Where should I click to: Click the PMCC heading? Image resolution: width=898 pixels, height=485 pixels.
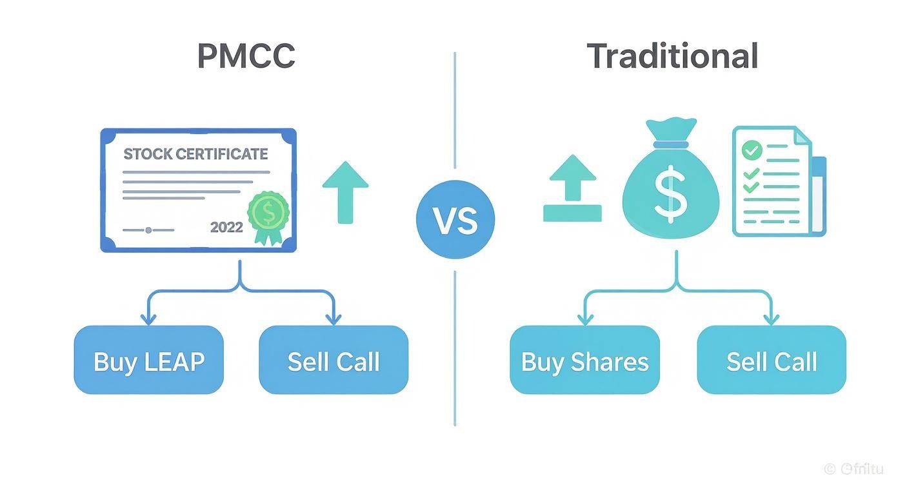tap(246, 56)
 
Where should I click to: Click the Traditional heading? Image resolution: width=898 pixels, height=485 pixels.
tap(672, 56)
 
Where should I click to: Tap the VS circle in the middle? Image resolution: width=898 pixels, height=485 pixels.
tap(455, 220)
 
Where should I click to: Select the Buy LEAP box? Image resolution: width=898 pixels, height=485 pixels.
tap(149, 360)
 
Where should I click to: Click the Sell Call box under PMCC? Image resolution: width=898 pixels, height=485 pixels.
tap(334, 360)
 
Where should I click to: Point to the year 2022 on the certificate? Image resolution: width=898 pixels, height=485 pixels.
tap(226, 227)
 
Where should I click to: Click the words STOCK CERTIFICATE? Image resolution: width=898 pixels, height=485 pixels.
tap(195, 154)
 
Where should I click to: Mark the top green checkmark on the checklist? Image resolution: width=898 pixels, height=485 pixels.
tap(752, 151)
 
